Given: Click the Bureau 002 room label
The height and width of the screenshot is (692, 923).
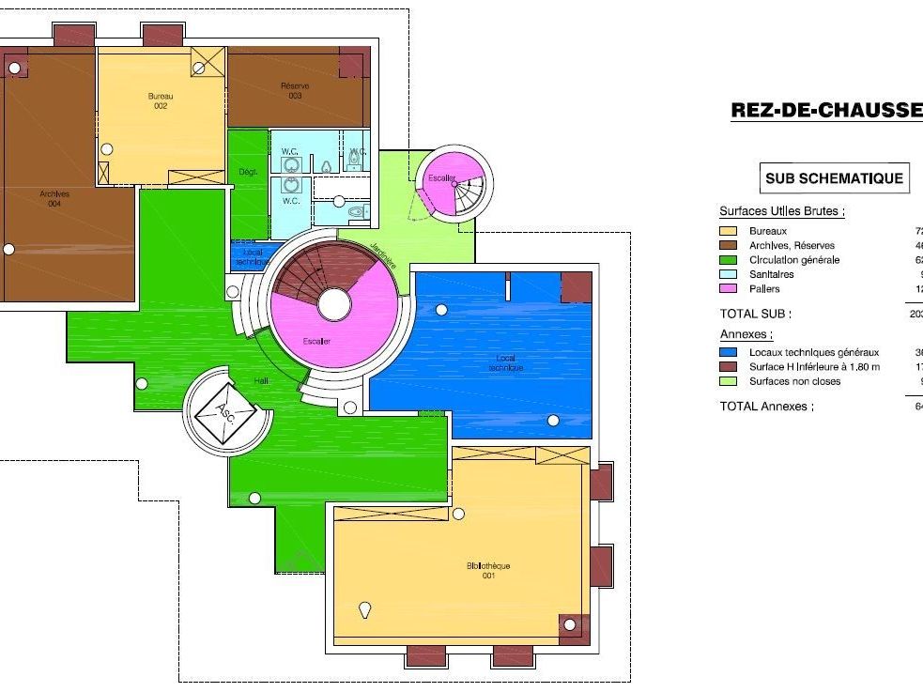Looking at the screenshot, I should pyautogui.click(x=161, y=100).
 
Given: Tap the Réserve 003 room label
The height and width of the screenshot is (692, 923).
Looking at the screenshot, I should pyautogui.click(x=295, y=91).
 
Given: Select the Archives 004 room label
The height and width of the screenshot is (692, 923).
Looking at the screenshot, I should pyautogui.click(x=54, y=198).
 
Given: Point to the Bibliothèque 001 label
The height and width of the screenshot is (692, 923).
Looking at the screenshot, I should pyautogui.click(x=488, y=571).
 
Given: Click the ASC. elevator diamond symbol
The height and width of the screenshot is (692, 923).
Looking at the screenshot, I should pyautogui.click(x=224, y=410).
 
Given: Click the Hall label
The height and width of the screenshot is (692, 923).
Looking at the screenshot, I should pyautogui.click(x=262, y=380).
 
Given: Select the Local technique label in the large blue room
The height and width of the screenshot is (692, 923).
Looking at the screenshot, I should pyautogui.click(x=505, y=362).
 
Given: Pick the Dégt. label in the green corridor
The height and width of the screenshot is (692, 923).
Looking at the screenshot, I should pyautogui.click(x=248, y=172).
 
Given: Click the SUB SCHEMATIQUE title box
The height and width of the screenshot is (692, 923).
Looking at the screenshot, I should pyautogui.click(x=834, y=178).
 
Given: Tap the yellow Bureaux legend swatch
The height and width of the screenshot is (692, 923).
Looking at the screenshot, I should pyautogui.click(x=729, y=231).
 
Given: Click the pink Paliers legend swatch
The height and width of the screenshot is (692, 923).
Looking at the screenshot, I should pyautogui.click(x=729, y=289).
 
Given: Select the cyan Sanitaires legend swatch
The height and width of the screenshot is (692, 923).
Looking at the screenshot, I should pyautogui.click(x=729, y=274).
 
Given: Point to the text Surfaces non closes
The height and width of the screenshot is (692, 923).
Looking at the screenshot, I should pyautogui.click(x=794, y=381).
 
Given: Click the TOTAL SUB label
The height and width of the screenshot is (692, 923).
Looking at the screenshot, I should pyautogui.click(x=755, y=314).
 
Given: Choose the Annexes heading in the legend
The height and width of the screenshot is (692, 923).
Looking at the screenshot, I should pyautogui.click(x=746, y=334).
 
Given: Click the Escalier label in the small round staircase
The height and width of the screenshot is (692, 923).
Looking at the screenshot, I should pyautogui.click(x=442, y=177).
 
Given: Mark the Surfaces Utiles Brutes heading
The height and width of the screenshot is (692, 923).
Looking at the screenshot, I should pyautogui.click(x=781, y=211).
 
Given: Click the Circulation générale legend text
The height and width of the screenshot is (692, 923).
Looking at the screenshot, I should pyautogui.click(x=794, y=260).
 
